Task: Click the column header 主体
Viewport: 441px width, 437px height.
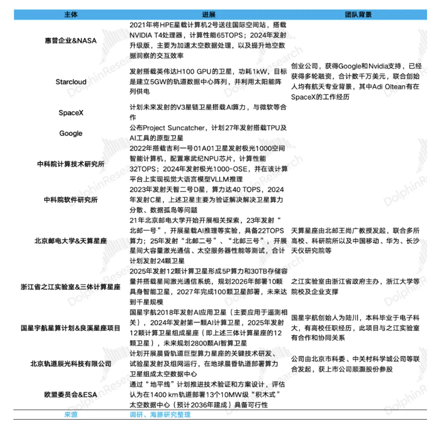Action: click(71, 14)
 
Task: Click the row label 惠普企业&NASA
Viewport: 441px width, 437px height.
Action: click(71, 40)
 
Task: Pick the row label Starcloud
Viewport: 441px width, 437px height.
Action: click(71, 82)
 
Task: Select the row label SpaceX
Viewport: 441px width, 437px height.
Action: click(71, 112)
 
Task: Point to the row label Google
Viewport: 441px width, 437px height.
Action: click(71, 133)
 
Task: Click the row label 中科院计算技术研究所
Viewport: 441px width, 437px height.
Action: click(71, 164)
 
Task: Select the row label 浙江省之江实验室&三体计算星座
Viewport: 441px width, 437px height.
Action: click(71, 287)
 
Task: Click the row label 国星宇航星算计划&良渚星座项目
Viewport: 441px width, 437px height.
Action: click(71, 328)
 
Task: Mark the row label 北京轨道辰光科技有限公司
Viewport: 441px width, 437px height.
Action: click(71, 364)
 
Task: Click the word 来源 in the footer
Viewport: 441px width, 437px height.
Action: click(71, 415)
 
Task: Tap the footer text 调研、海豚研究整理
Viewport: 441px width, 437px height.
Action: click(160, 415)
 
